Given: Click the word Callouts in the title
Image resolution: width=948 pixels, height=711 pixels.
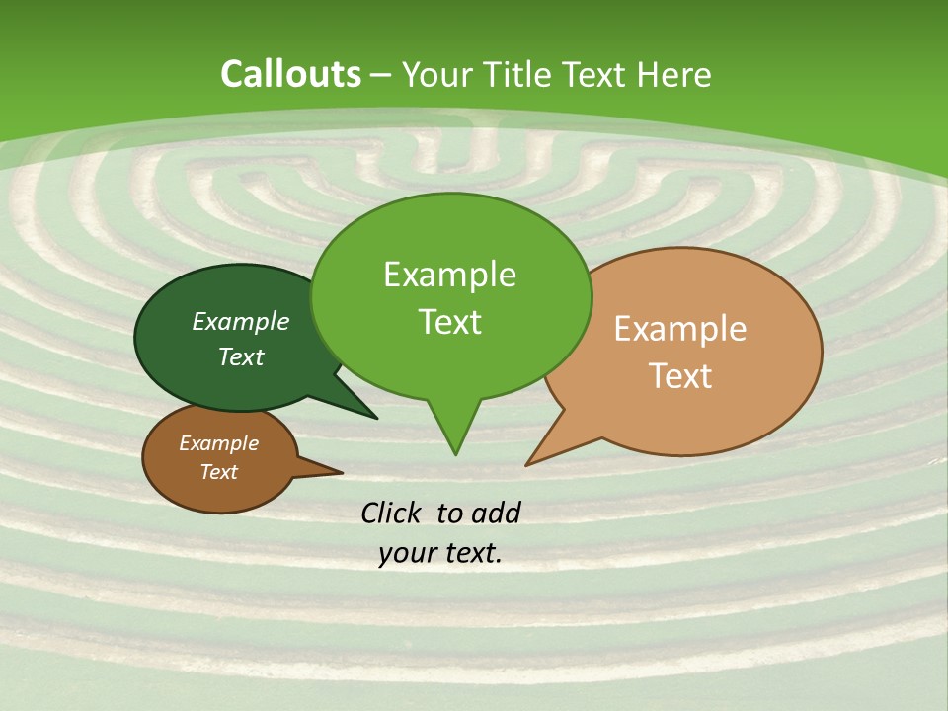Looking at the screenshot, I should click(x=290, y=74).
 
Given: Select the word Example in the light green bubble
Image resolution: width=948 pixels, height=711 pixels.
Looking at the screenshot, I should click(x=449, y=275).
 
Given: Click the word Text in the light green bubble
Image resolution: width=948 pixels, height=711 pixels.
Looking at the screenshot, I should click(x=449, y=322).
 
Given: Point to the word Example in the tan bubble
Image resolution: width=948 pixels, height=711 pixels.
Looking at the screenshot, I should click(x=680, y=329).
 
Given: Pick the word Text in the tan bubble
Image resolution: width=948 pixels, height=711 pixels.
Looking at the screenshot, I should click(x=680, y=376).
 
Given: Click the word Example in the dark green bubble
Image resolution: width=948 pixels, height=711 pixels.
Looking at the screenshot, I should click(x=241, y=321).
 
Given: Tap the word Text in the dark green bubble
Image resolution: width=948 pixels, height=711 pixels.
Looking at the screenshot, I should click(x=241, y=356).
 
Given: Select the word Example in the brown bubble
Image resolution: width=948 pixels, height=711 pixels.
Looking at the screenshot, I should click(x=218, y=443).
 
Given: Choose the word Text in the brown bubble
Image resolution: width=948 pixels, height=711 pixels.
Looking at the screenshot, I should click(x=218, y=472).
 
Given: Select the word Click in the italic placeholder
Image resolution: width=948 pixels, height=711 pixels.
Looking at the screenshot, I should click(x=392, y=513).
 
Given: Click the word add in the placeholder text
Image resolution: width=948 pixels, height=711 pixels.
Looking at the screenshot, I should click(x=495, y=513).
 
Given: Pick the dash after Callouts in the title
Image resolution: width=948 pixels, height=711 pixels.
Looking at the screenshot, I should click(x=382, y=75).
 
